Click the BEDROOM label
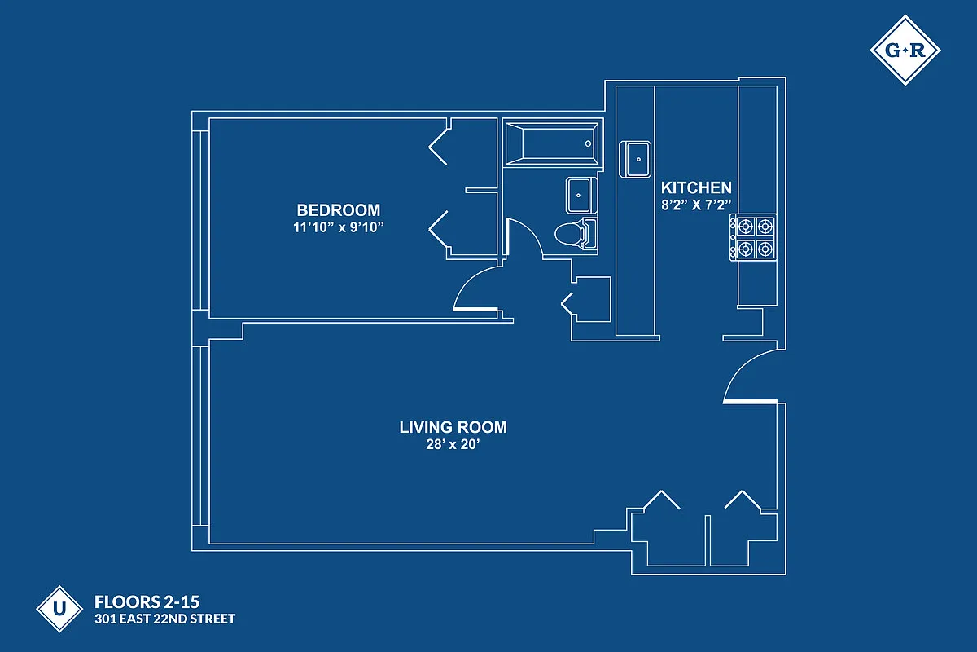pos(338,210)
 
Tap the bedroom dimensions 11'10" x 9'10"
pos(338,227)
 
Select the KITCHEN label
pos(695,187)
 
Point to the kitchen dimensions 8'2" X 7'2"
pos(695,205)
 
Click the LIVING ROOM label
pos(453,427)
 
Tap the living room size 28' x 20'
pos(453,445)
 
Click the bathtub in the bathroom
pos(552,143)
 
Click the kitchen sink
pos(637,158)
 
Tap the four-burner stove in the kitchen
pos(753,237)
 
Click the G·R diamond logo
pos(905,51)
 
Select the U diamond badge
pos(59,608)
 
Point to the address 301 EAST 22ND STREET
pos(165,619)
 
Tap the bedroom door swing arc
pos(472,290)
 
